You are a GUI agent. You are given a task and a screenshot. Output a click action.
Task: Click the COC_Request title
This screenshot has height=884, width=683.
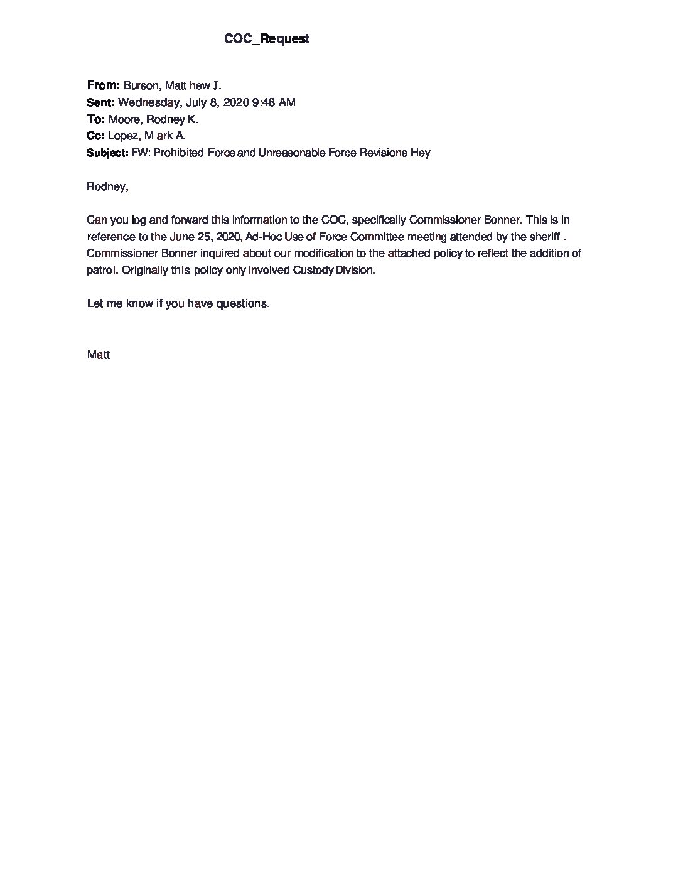(x=267, y=39)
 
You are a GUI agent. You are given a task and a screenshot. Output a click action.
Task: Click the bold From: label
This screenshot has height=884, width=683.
(x=104, y=85)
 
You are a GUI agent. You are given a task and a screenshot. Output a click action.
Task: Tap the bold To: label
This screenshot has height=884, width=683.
(x=96, y=119)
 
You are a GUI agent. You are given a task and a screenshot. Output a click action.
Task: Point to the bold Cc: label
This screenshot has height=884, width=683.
(x=95, y=136)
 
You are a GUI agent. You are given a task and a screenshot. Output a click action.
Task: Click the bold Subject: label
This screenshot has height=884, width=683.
(x=107, y=153)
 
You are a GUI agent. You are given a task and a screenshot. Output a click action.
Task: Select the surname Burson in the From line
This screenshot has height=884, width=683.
(x=142, y=85)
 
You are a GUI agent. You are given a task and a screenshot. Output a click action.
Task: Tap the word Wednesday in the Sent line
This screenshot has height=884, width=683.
(x=149, y=102)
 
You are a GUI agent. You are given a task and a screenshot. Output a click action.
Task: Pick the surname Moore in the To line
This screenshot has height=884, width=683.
(x=124, y=119)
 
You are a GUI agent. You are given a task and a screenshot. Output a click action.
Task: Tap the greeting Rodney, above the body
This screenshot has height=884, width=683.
(x=107, y=186)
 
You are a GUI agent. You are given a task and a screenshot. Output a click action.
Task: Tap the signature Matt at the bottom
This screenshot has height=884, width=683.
(x=99, y=355)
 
